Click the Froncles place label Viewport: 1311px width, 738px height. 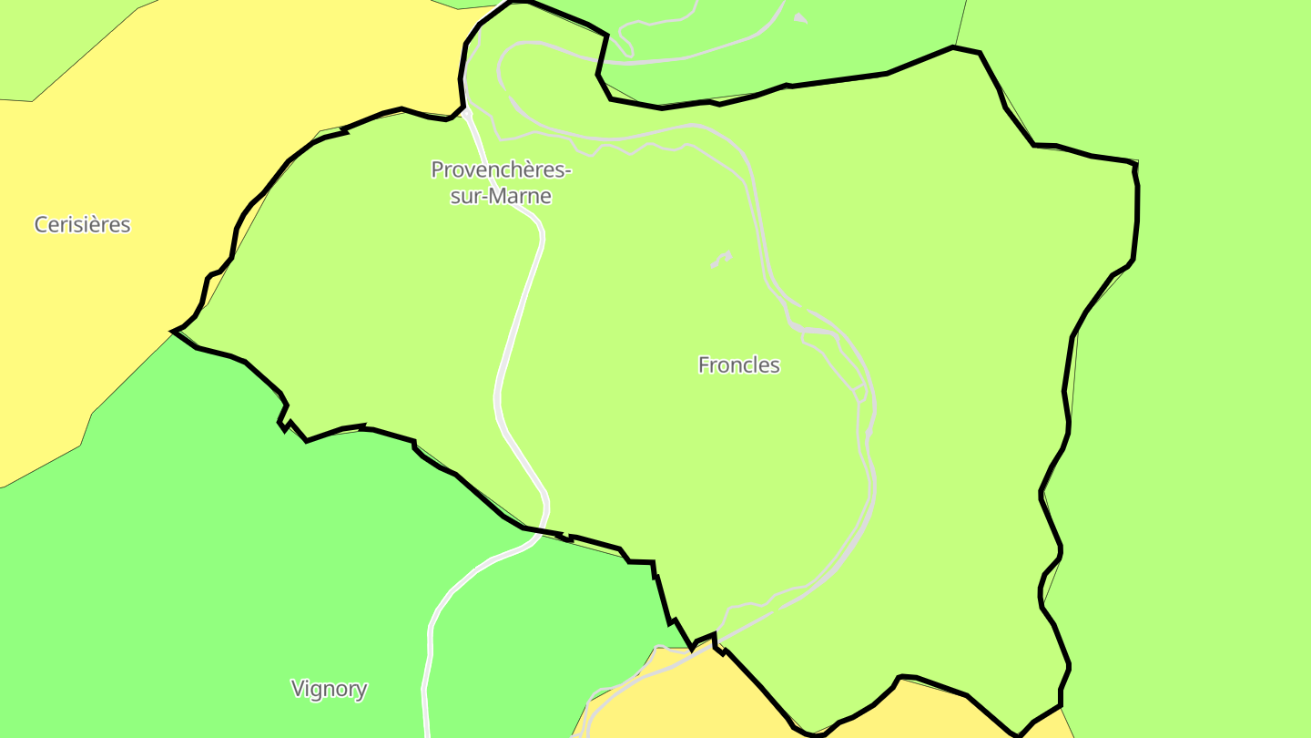point(738,365)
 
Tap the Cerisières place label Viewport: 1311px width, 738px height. point(82,224)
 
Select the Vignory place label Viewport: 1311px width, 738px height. point(329,689)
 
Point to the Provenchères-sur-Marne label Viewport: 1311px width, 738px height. point(501,182)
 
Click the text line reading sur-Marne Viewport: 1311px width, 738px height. point(501,196)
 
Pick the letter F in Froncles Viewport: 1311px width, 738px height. point(704,365)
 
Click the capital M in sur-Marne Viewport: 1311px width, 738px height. point(493,196)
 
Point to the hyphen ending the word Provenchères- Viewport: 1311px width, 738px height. point(568,171)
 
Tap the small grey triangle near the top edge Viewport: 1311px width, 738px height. point(799,17)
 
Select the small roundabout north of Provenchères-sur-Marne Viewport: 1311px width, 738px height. point(468,114)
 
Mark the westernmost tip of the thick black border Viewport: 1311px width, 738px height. point(172,331)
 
